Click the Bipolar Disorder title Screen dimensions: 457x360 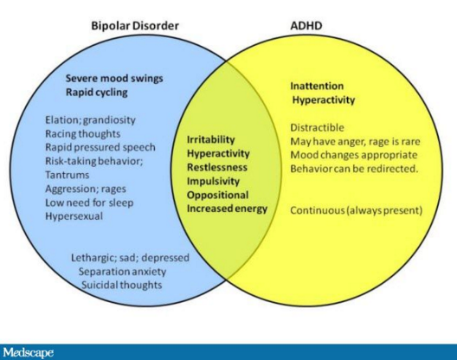pos(135,26)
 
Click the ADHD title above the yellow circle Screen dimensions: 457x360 pos(306,26)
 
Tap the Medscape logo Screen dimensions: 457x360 pos(28,353)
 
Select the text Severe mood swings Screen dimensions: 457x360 pos(114,79)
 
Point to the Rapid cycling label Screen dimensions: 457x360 pos(96,93)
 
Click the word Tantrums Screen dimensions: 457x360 pos(67,175)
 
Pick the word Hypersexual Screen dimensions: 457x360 pos(74,216)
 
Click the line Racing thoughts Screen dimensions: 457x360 pos(83,134)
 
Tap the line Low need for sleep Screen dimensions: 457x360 pos(89,202)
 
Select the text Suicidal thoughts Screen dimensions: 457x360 pos(121,285)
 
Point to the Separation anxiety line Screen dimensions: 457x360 pos(122,272)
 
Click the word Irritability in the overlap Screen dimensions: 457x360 pos(210,139)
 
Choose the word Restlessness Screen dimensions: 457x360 pos(217,167)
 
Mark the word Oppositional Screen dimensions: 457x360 pos(218,195)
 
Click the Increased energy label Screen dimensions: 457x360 pos(227,209)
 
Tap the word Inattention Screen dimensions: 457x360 pos(317,86)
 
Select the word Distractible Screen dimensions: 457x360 pos(317,128)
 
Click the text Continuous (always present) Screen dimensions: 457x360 pos(356,210)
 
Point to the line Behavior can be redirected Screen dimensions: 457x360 pos(354,169)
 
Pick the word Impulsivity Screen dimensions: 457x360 pos(213,182)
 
